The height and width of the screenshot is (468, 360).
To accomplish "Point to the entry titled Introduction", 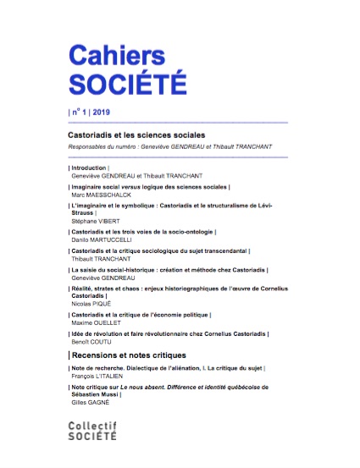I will pyautogui.click(x=87, y=168).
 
